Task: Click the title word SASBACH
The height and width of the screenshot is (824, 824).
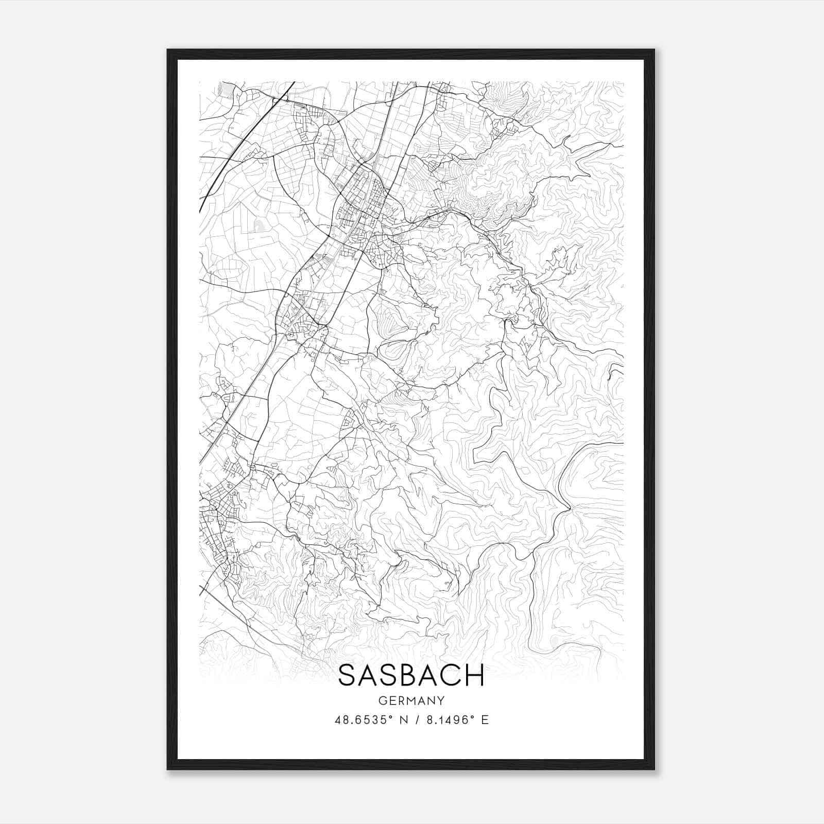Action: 411,675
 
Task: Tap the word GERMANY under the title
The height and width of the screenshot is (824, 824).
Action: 411,700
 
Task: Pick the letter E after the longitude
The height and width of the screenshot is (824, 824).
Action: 484,720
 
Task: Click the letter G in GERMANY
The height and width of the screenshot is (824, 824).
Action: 382,700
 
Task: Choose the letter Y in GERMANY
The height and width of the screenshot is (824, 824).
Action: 441,700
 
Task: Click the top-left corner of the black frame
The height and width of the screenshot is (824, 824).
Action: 168,50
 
